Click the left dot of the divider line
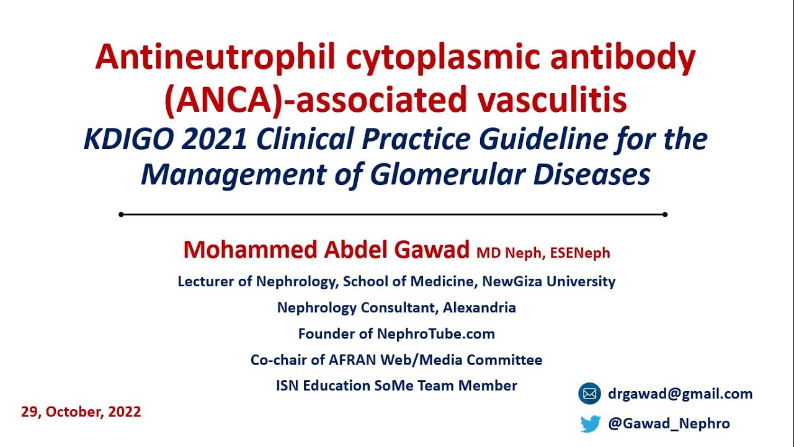(x=121, y=214)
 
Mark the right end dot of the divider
(x=665, y=214)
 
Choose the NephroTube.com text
(x=436, y=333)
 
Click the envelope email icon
(x=590, y=394)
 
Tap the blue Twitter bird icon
(x=591, y=423)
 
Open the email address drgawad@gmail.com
(x=680, y=394)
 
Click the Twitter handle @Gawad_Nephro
(x=669, y=423)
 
